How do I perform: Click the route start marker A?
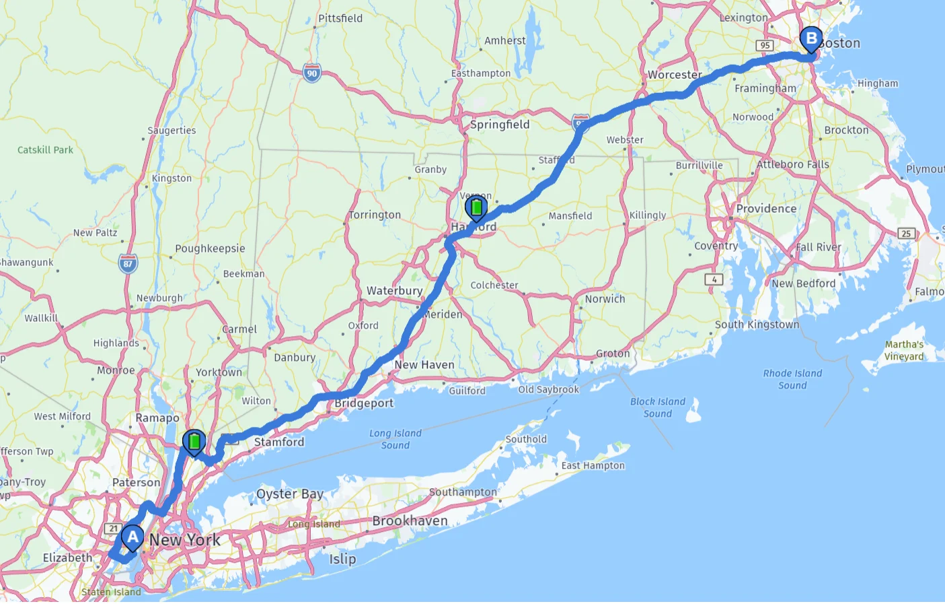(x=133, y=538)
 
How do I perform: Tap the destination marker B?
(x=811, y=39)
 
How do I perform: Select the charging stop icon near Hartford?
(x=476, y=207)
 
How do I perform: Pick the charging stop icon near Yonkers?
(x=194, y=442)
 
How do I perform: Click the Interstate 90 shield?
(x=311, y=73)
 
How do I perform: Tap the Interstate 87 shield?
(x=128, y=263)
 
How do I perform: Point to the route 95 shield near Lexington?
(x=764, y=45)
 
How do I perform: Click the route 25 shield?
(x=906, y=233)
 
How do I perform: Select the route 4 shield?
(x=714, y=279)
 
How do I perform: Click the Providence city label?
(x=766, y=209)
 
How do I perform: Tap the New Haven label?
(x=424, y=365)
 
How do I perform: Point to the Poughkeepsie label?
(x=210, y=248)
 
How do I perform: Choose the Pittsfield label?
(x=340, y=18)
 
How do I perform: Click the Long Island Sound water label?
(x=395, y=439)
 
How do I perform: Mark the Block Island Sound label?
(x=658, y=407)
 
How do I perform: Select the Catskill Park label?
(x=45, y=150)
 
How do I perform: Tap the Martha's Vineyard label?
(x=904, y=350)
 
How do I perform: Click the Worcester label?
(x=675, y=75)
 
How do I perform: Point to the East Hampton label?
(x=593, y=465)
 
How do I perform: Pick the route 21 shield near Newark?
(x=114, y=529)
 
